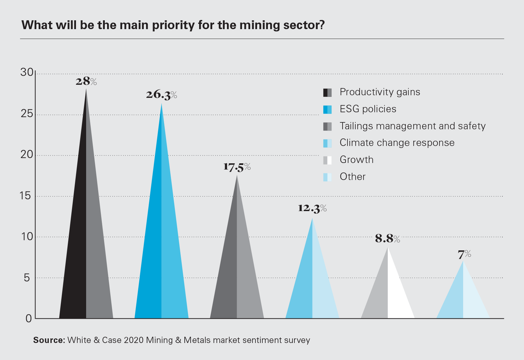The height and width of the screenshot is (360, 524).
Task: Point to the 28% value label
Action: point(86,81)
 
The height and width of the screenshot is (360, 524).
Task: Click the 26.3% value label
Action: point(161,95)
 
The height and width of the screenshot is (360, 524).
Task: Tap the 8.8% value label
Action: point(387,239)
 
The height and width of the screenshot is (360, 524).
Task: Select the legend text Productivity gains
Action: point(380,92)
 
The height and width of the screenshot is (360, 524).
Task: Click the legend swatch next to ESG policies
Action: point(327,110)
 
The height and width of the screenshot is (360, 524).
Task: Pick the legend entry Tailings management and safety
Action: point(412,126)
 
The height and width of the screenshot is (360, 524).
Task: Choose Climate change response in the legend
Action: point(397,143)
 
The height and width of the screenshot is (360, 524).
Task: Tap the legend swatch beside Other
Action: point(327,177)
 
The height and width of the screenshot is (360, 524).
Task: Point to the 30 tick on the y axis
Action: point(27,72)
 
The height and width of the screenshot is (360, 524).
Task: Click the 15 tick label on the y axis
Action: point(26,196)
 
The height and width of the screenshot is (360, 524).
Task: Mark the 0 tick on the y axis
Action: point(29,318)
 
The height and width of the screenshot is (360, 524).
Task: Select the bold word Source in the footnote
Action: point(48,340)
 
